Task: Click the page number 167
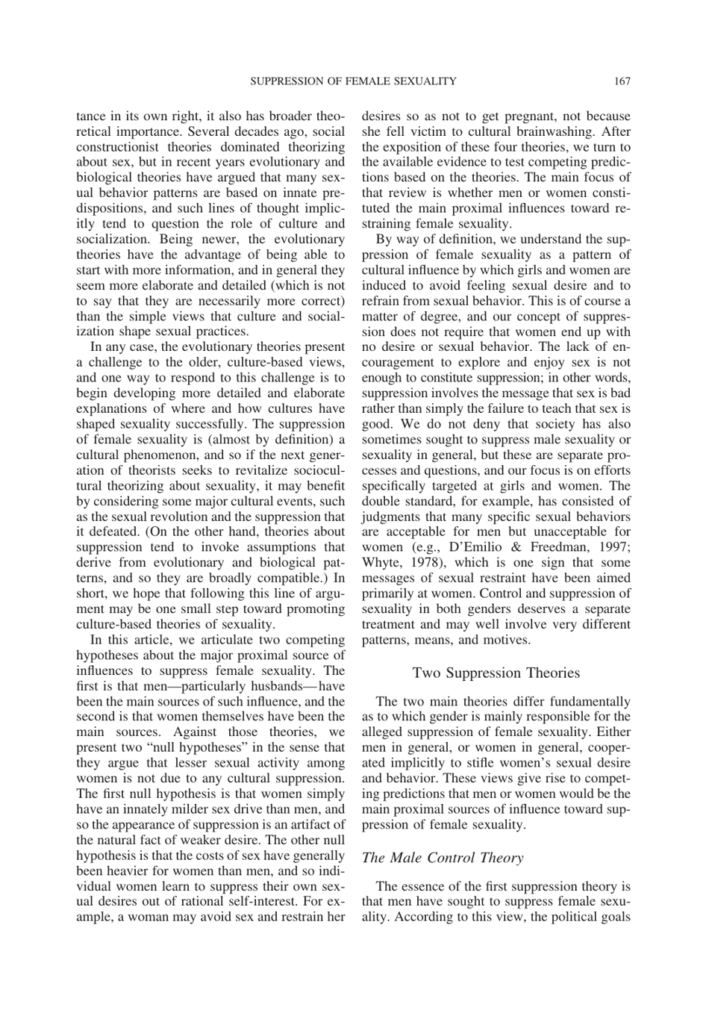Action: pyautogui.click(x=622, y=81)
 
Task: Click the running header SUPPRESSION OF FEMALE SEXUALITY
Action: pyautogui.click(x=352, y=81)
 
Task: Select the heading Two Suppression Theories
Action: pyautogui.click(x=496, y=673)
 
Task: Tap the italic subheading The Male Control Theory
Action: pyautogui.click(x=442, y=858)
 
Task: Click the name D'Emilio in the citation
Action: pyautogui.click(x=476, y=547)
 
